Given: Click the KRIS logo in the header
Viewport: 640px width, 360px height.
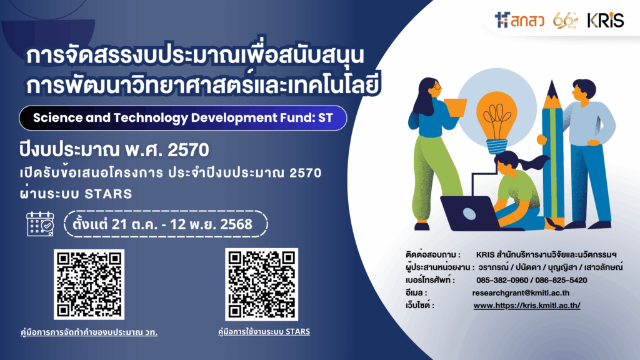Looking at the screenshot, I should [x=605, y=20].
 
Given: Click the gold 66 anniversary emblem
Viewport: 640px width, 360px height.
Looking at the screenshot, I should [x=566, y=20].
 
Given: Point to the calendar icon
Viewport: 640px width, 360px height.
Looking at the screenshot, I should [x=41, y=224].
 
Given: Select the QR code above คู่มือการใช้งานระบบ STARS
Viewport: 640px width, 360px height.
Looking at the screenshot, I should [x=261, y=284].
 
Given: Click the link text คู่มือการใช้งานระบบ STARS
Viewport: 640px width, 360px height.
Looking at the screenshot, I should [x=263, y=331].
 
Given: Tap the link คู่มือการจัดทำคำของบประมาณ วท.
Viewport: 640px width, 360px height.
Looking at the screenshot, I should [x=89, y=332].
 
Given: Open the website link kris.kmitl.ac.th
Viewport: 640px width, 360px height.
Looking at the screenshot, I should [x=527, y=306].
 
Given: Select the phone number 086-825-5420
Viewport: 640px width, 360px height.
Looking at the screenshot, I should [x=561, y=280].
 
